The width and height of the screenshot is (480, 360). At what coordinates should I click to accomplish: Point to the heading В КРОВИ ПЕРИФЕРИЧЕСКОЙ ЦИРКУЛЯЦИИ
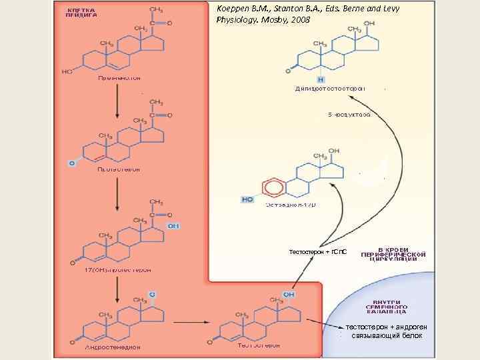(393, 254)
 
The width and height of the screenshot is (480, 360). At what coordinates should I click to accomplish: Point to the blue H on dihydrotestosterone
(321, 79)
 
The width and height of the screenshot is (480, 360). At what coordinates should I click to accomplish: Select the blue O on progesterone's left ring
(71, 162)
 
